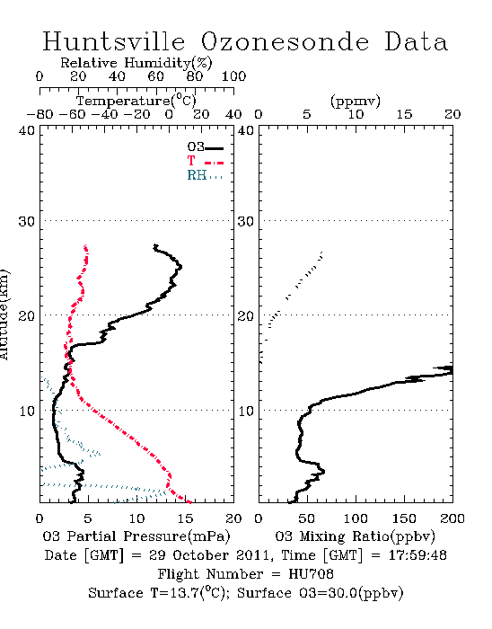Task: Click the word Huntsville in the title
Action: coord(114,41)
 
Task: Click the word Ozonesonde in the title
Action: coord(285,41)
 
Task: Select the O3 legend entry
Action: coord(205,147)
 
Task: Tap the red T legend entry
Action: coord(205,161)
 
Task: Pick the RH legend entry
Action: coord(205,175)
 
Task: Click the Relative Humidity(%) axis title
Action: coord(136,63)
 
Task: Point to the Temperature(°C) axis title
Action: coord(136,101)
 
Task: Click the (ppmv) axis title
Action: coord(356,101)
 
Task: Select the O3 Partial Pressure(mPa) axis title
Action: coord(136,536)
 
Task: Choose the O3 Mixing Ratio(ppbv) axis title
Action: coord(355,536)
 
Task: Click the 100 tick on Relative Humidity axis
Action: coord(233,76)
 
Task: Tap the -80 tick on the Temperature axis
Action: coord(40,114)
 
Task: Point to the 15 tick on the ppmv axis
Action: coord(404,114)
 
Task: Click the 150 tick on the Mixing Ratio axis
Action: coord(404,518)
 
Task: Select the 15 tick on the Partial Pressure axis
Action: coord(185,518)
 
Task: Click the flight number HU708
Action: coord(311,574)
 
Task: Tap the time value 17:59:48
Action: coord(417,555)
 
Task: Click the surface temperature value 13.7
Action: coord(181,593)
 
